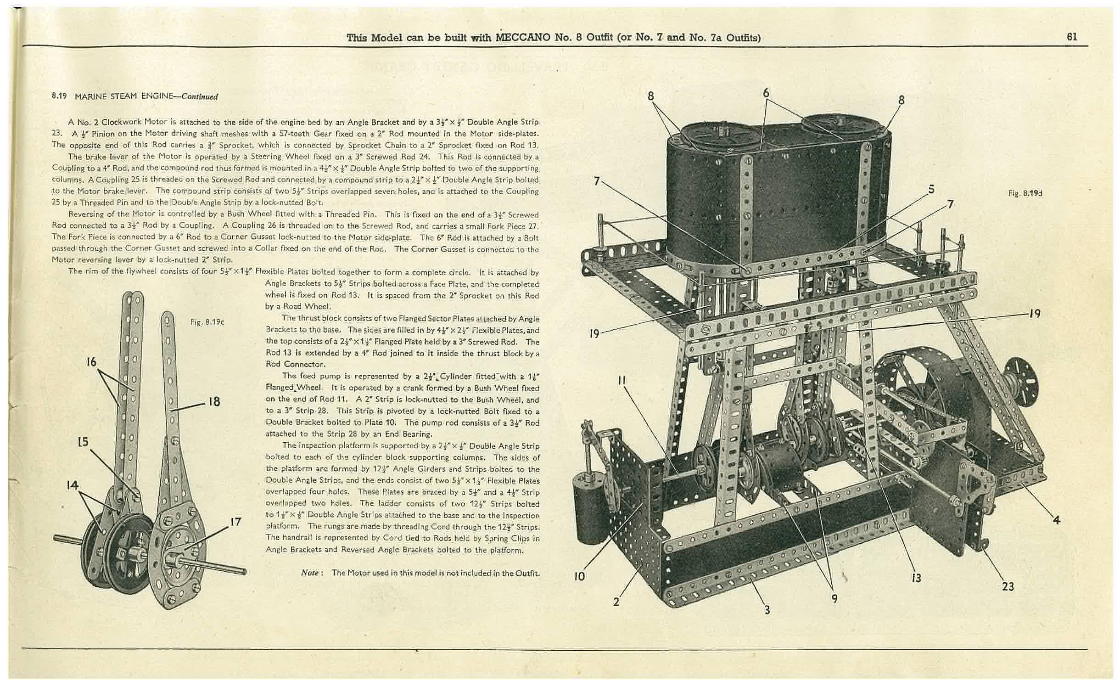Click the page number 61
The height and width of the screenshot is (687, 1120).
pos(1072,37)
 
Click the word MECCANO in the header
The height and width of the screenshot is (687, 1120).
pos(522,37)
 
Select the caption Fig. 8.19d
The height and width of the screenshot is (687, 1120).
pos(1025,193)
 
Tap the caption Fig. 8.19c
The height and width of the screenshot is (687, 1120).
pos(207,322)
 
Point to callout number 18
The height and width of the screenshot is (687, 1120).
pos(214,402)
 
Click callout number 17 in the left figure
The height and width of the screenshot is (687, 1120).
pos(236,523)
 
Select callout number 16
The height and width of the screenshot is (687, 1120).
pos(91,362)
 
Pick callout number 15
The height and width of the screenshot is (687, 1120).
pos(83,442)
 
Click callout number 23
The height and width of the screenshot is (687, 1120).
pos(1008,586)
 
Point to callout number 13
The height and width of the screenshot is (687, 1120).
pos(916,578)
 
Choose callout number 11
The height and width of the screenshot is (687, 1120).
pos(622,381)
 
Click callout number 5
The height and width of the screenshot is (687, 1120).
pos(931,189)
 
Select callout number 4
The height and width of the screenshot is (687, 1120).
pos(1056,520)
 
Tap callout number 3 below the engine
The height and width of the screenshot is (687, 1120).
pos(767,610)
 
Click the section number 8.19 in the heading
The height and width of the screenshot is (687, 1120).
pos(59,96)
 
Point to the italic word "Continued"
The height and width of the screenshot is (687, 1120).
pos(200,96)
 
